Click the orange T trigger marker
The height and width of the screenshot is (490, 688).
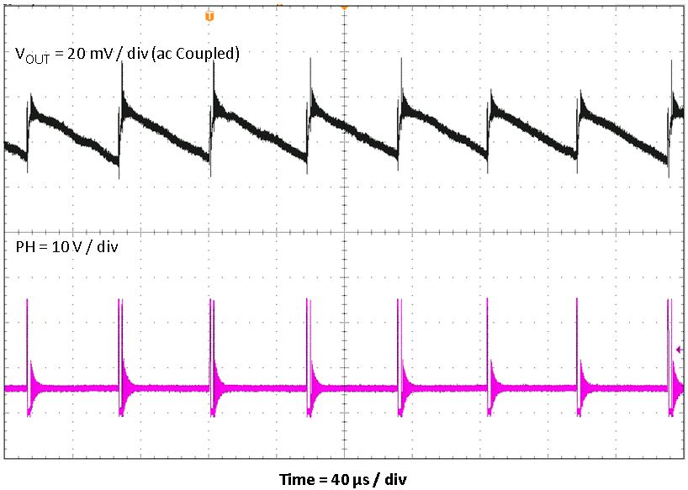pyautogui.click(x=209, y=16)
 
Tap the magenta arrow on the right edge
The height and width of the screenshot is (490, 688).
pyautogui.click(x=679, y=350)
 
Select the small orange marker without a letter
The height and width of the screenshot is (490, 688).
pyautogui.click(x=343, y=7)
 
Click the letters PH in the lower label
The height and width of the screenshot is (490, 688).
pyautogui.click(x=24, y=249)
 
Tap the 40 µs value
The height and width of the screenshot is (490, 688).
pyautogui.click(x=352, y=479)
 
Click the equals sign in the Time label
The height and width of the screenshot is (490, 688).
pyautogui.click(x=322, y=479)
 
